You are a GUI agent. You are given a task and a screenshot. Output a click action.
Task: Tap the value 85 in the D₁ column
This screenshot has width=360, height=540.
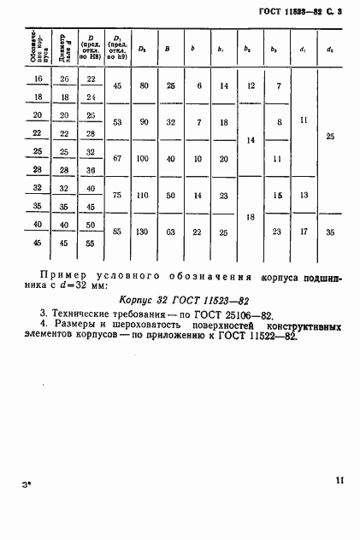coord(116,232)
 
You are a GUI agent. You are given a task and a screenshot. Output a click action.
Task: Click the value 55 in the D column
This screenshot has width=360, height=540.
coord(90,244)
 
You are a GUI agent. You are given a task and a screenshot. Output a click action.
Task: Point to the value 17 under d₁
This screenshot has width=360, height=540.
coord(304,232)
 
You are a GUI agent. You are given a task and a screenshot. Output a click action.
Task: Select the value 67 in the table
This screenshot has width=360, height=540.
coord(116,159)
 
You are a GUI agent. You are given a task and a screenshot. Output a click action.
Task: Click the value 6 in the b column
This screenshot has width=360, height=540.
coord(198,85)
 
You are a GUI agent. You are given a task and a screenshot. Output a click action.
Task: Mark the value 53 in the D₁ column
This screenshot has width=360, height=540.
coord(116,123)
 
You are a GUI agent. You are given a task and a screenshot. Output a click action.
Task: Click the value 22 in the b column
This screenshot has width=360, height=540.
coord(198,232)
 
